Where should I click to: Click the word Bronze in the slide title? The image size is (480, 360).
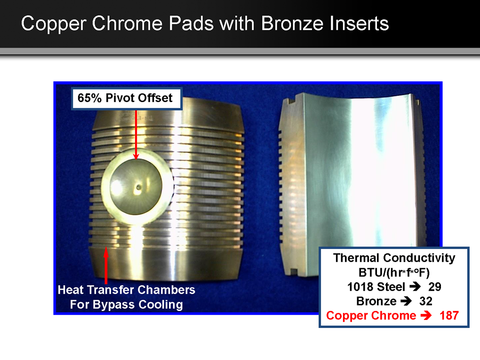click(x=292, y=23)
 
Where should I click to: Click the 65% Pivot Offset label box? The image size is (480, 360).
click(x=127, y=98)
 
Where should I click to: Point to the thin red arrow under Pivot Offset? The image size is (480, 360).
click(x=136, y=135)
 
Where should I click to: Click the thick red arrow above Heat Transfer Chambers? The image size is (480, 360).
click(x=106, y=265)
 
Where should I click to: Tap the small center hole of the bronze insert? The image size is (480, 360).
click(x=139, y=187)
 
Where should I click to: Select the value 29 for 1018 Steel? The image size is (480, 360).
click(x=435, y=287)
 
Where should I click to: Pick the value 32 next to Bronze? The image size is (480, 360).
click(x=426, y=301)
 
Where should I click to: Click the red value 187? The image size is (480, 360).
click(x=449, y=316)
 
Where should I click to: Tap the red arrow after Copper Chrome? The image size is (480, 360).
click(x=426, y=315)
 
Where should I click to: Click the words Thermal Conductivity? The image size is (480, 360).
click(x=394, y=258)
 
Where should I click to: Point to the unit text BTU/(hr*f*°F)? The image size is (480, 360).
click(x=394, y=272)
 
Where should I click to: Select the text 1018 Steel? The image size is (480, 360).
click(x=376, y=287)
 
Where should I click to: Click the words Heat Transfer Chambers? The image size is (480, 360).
click(x=127, y=290)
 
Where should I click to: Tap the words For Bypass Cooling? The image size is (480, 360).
click(x=127, y=304)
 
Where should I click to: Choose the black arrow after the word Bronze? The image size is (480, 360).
click(x=406, y=301)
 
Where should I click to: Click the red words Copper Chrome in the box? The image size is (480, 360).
click(x=371, y=316)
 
